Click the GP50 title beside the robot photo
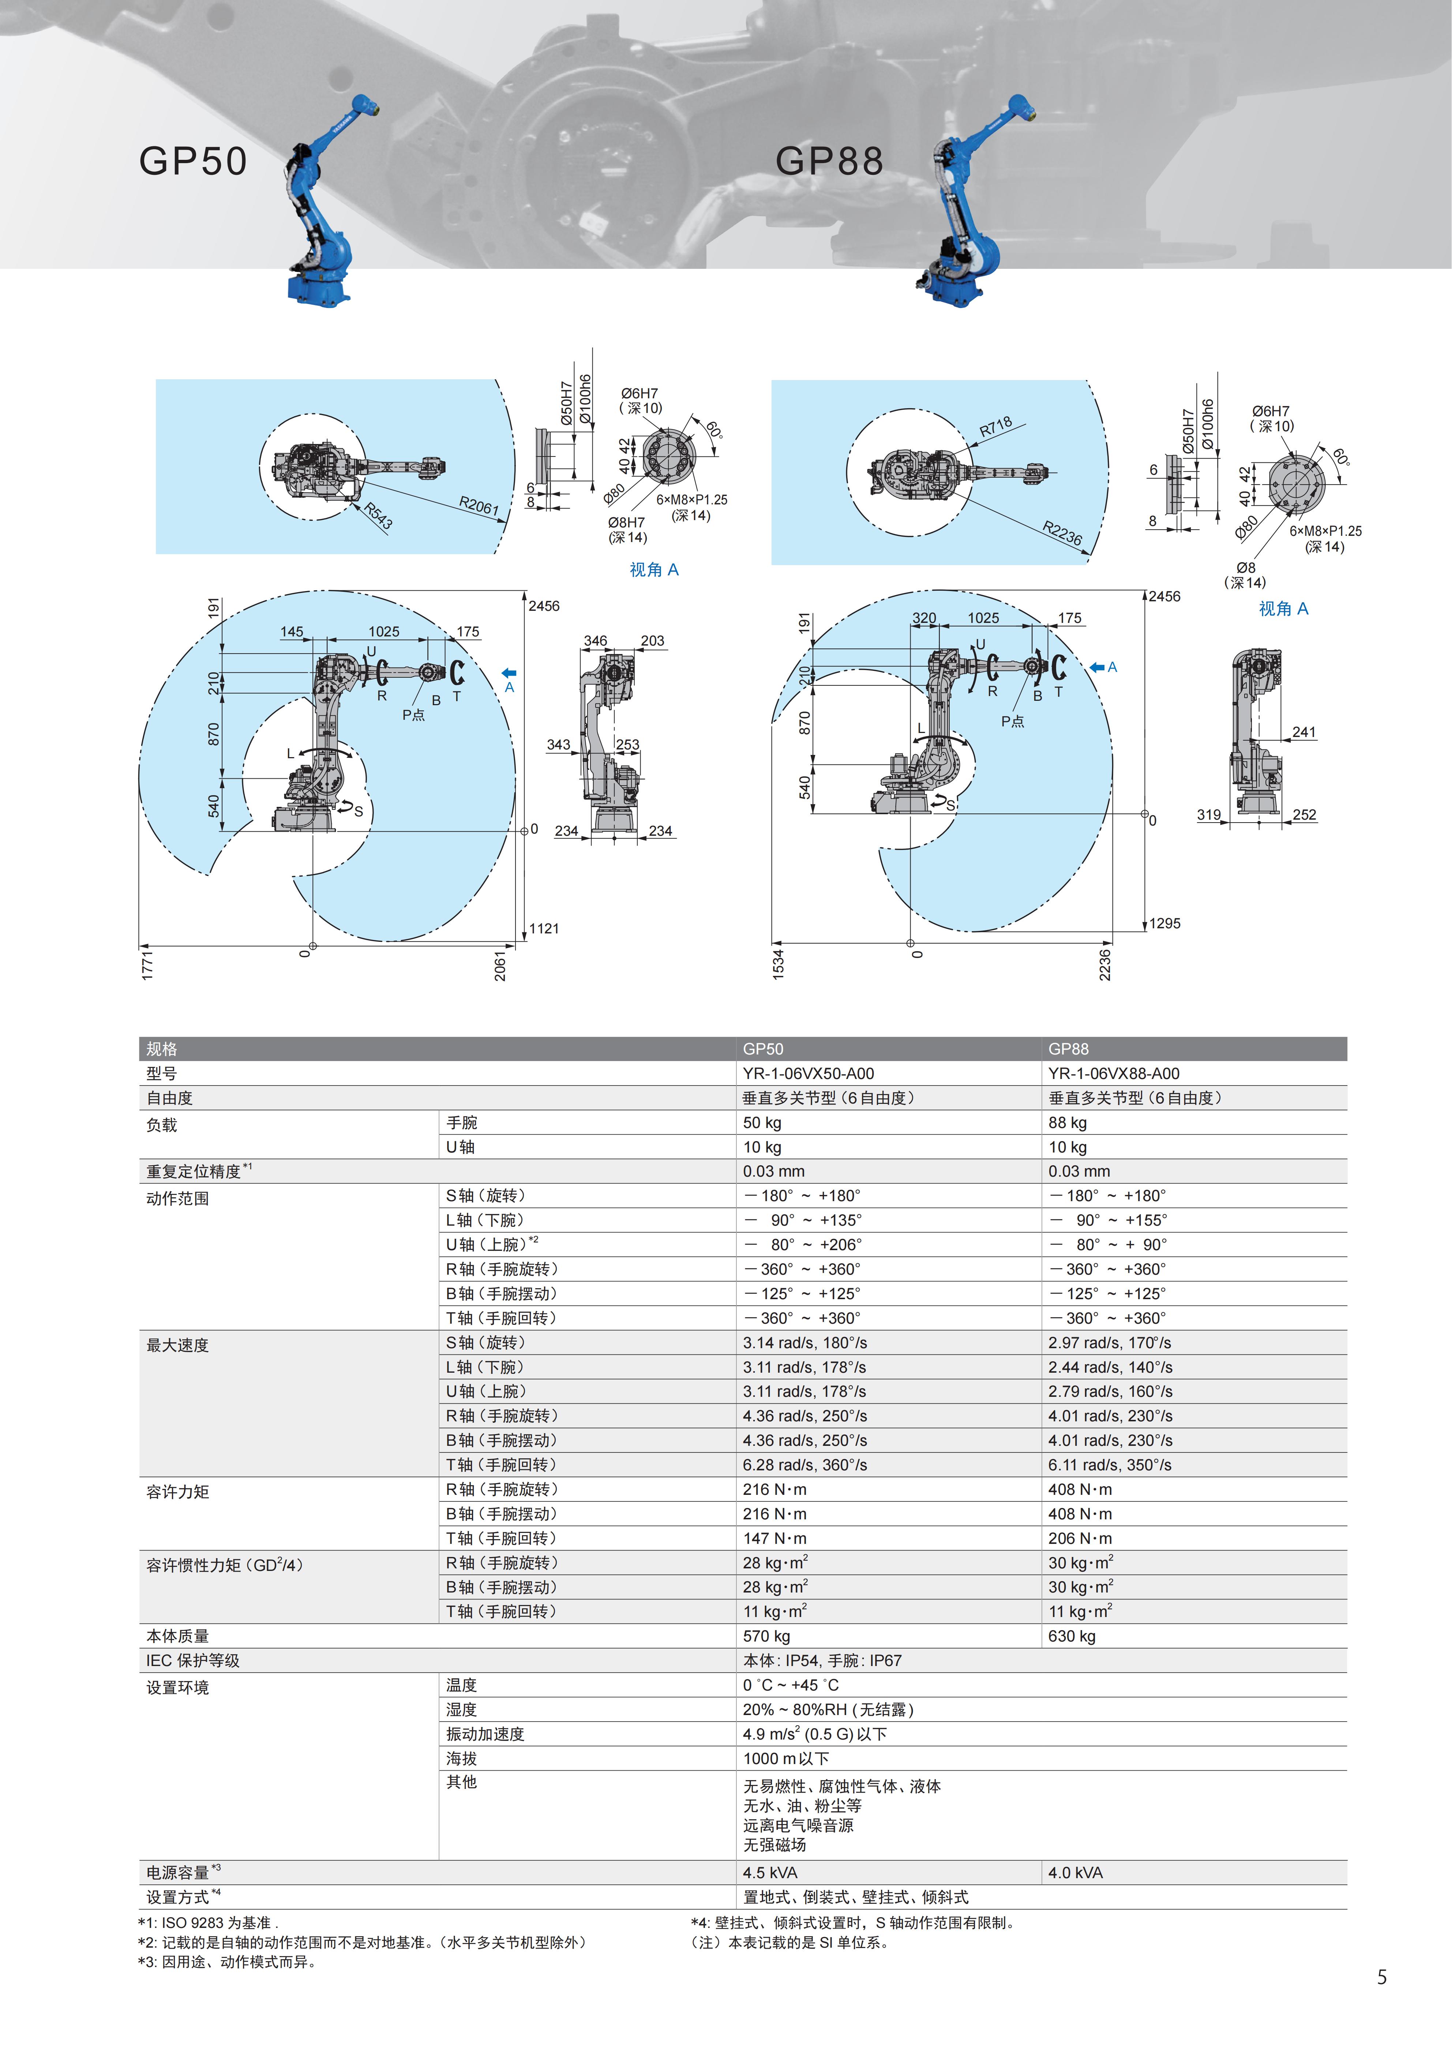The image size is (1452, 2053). [x=193, y=161]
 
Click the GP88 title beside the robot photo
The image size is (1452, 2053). [x=829, y=161]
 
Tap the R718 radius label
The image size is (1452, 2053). [x=996, y=426]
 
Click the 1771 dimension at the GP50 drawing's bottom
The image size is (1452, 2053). [x=147, y=966]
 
